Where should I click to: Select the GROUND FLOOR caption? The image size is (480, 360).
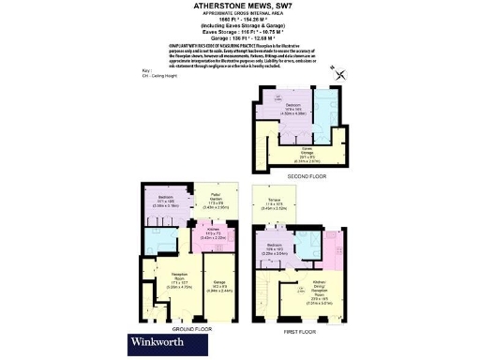(x=190, y=329)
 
